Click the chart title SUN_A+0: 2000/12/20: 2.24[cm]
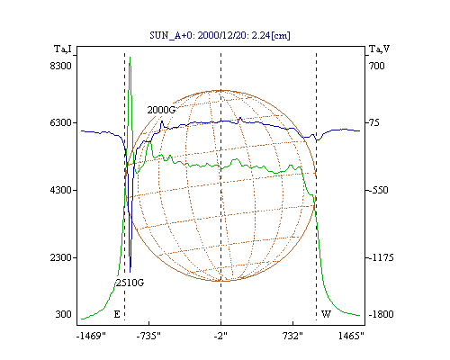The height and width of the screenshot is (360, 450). pos(220,35)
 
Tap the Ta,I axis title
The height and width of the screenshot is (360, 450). pos(63,49)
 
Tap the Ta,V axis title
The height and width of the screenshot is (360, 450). pos(379,49)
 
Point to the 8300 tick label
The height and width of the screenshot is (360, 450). pos(60,66)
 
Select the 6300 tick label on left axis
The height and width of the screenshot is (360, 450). pos(60,122)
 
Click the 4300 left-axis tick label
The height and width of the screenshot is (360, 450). pos(60,190)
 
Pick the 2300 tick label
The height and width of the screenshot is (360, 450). pos(60,257)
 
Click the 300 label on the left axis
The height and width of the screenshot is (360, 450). pos(63,314)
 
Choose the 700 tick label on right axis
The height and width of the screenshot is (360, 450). pos(377,66)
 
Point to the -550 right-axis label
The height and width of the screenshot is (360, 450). pos(378,190)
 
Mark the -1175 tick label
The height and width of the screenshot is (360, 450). pos(381,257)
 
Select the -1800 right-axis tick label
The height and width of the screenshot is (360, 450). pos(381,314)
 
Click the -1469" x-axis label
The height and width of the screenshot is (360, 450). pos(91,336)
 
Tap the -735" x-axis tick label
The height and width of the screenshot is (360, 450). pos(148,336)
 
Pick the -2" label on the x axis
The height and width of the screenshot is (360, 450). pos(220,336)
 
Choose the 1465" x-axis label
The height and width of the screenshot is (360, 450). pos(351,336)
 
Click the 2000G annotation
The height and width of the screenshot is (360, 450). pos(161,110)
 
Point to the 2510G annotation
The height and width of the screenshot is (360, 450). pos(130,283)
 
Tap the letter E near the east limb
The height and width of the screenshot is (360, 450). pos(117,314)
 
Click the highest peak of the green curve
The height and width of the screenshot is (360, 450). pos(130,57)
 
